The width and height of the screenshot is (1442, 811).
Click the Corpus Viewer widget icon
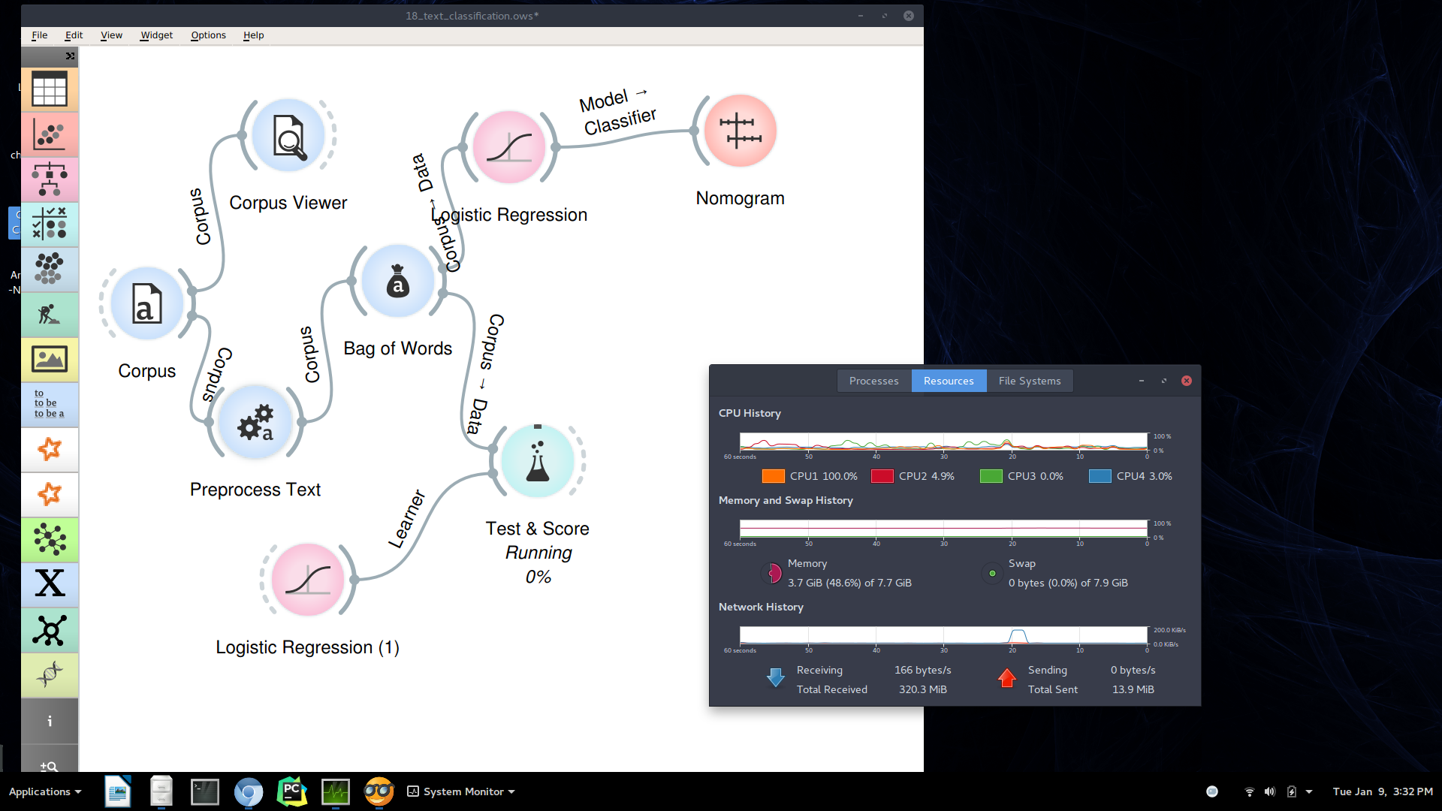(288, 136)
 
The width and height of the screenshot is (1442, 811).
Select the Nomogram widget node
(740, 131)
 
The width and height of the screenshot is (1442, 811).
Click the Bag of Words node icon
(397, 281)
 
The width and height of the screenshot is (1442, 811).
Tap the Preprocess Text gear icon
(255, 422)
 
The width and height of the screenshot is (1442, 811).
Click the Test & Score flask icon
(537, 461)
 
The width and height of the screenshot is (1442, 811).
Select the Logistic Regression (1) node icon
(308, 580)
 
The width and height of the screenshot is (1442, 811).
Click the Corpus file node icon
(147, 303)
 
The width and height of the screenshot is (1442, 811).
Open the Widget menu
(156, 35)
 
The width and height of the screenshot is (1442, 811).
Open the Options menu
(208, 35)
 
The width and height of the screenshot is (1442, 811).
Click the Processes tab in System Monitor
(873, 381)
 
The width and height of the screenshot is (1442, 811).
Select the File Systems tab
(1029, 381)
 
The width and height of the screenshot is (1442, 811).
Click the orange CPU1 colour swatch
(773, 476)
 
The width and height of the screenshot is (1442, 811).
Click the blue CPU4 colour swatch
(1100, 476)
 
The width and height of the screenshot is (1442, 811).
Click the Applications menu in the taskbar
(44, 791)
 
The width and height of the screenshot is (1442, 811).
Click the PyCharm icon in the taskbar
(291, 791)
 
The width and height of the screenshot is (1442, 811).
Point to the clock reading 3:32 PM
(1412, 791)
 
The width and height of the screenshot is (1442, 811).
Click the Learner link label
(406, 519)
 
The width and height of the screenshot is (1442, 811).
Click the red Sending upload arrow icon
(1006, 678)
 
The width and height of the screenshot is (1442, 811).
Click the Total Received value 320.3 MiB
(922, 689)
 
